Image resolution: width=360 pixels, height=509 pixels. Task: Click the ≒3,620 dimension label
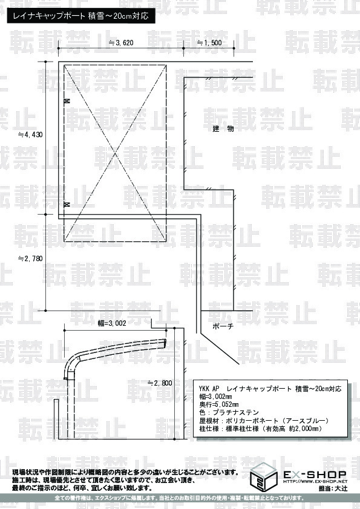121,42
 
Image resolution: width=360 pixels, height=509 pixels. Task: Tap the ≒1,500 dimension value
209,42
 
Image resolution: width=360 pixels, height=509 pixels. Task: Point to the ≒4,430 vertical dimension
30,134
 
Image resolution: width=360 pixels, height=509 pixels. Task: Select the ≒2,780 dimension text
30,258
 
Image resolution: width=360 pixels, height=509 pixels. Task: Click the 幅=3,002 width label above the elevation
112,323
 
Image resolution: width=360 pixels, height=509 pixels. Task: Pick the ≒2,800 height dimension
160,383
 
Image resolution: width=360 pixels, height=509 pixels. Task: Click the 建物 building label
223,129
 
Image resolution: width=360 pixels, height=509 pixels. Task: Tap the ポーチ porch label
223,326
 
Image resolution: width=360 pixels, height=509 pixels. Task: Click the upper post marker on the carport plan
67,101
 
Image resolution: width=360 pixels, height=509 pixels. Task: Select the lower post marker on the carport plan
67,204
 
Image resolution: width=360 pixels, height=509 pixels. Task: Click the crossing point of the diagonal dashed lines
115,153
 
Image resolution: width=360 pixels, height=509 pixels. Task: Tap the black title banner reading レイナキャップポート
81,16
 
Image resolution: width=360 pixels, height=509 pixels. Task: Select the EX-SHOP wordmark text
315,475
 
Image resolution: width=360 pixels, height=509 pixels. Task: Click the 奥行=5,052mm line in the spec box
219,404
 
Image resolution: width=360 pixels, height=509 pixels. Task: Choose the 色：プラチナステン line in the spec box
229,413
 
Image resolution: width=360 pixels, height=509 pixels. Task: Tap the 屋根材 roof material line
264,421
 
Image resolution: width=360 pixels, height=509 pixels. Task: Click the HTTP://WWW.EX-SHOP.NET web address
315,481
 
